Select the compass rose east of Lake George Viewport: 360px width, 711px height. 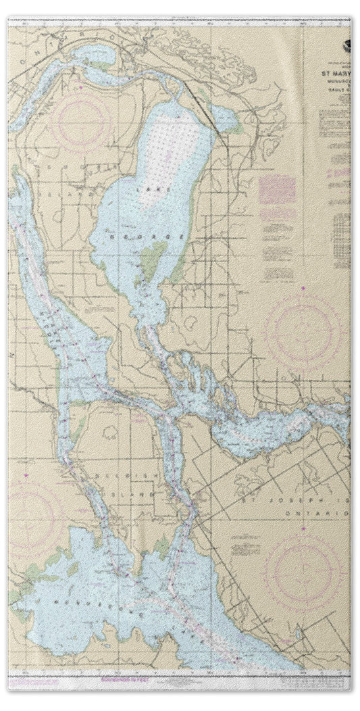302,330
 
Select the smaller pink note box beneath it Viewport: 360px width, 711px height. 276,216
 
